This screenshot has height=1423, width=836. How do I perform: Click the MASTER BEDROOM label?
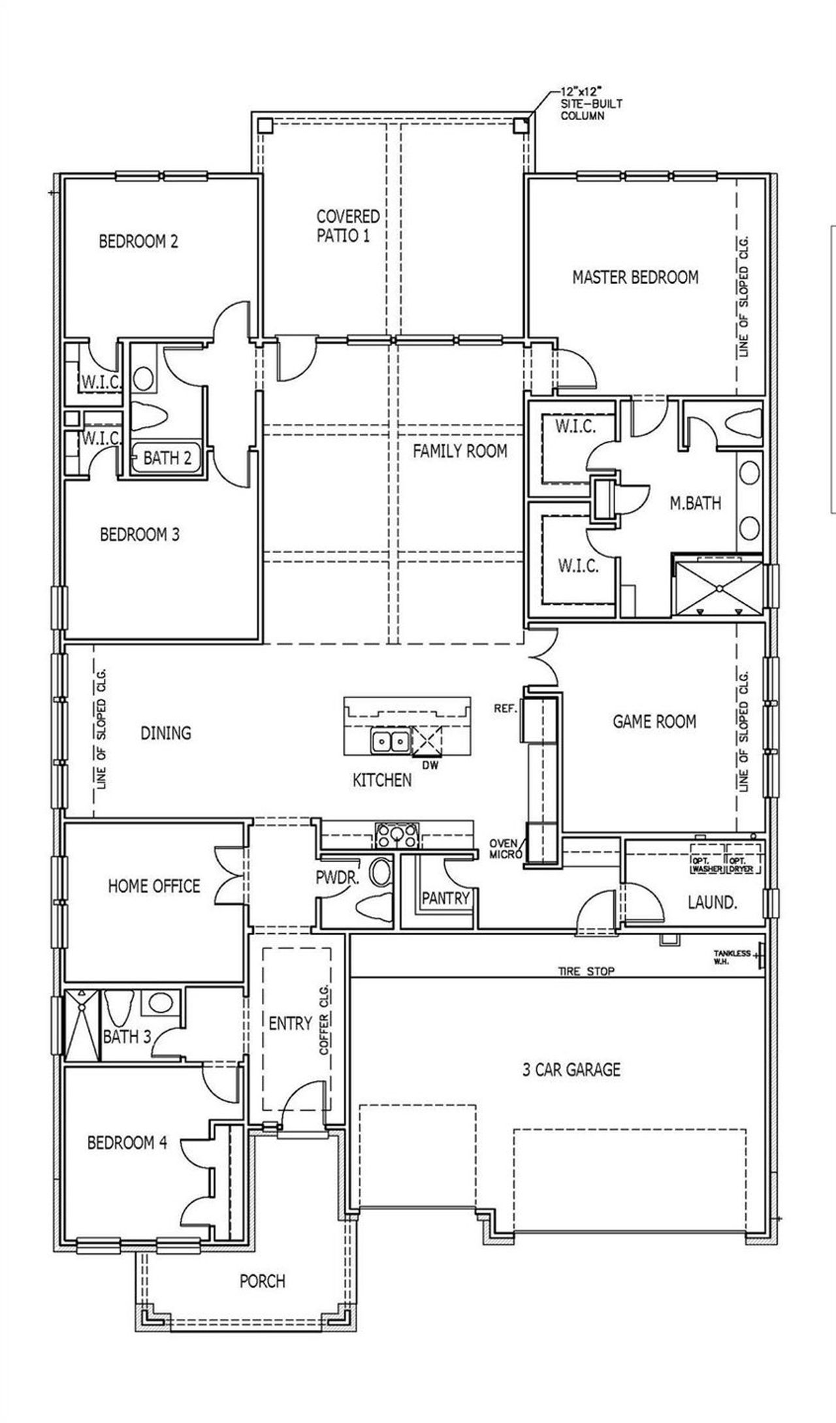pyautogui.click(x=635, y=277)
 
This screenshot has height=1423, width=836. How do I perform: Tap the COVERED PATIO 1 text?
pyautogui.click(x=348, y=225)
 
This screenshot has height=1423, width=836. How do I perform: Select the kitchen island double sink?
pyautogui.click(x=390, y=741)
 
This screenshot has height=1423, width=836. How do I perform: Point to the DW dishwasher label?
pyautogui.click(x=430, y=765)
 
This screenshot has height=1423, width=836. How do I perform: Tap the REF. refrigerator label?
pyautogui.click(x=506, y=708)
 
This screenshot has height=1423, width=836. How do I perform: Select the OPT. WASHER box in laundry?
pyautogui.click(x=708, y=865)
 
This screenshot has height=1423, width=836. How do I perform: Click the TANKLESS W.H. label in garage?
pyautogui.click(x=731, y=957)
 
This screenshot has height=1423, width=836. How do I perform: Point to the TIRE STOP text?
pyautogui.click(x=586, y=971)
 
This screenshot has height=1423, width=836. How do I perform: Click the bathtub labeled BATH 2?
pyautogui.click(x=167, y=458)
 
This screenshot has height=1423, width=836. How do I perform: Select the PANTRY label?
pyautogui.click(x=445, y=898)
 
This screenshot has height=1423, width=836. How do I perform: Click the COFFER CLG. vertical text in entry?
pyautogui.click(x=324, y=1024)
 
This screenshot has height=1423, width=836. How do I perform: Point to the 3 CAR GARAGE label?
pyautogui.click(x=571, y=1070)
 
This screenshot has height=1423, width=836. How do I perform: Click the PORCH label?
pyautogui.click(x=262, y=1281)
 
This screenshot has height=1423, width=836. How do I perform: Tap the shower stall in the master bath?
pyautogui.click(x=718, y=587)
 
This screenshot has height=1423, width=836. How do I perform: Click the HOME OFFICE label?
pyautogui.click(x=154, y=886)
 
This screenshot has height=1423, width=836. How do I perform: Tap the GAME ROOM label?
pyautogui.click(x=654, y=722)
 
